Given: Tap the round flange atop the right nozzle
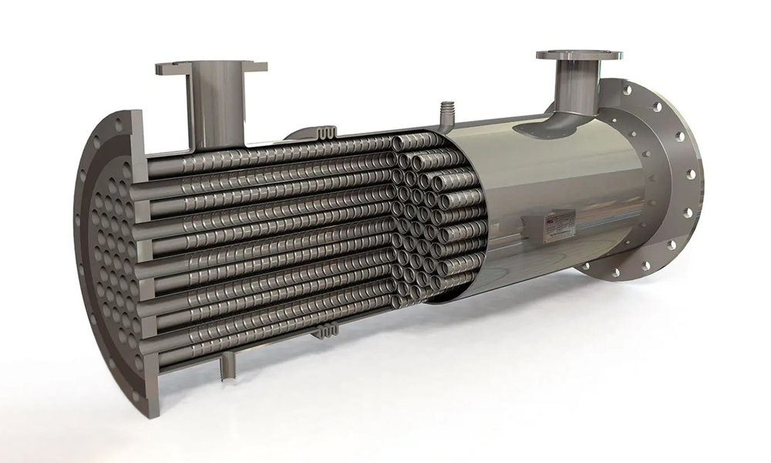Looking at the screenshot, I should pos(579,56).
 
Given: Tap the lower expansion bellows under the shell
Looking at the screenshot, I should pos(328,331).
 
